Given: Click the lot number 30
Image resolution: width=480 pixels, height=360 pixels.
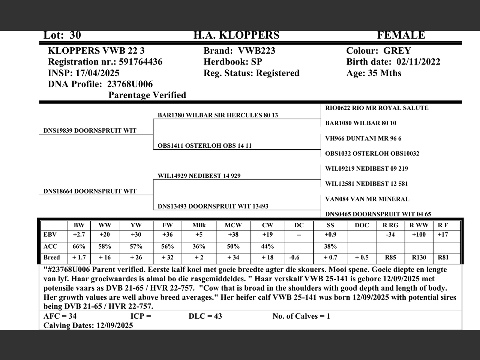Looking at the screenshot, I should coord(75,35).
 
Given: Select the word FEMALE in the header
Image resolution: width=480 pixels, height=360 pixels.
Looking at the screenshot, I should coord(401,35).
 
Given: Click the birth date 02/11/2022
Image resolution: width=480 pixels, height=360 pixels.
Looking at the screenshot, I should coord(418,62).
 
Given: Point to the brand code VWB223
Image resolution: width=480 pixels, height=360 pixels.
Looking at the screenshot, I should coord(256,51).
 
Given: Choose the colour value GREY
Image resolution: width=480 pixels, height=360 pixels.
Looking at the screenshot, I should coord(397,51).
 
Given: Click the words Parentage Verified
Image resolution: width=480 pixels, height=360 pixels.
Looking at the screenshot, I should coord(147,95).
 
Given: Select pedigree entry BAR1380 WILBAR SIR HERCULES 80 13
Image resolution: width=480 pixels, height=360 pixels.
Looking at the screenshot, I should coord(217,115).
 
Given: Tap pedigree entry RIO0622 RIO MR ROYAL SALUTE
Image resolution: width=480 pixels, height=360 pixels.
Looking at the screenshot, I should coord(376,108).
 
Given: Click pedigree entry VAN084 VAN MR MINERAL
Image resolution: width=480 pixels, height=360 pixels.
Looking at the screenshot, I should coord(367,199).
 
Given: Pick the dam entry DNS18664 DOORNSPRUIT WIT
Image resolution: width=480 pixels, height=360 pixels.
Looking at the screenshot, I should coord(90,191).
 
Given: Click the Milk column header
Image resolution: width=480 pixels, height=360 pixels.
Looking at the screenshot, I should coord(199,225).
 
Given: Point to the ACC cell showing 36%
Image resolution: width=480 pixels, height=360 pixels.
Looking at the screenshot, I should coord(199,246).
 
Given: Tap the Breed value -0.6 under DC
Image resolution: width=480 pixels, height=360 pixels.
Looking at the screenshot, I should coord(294,258).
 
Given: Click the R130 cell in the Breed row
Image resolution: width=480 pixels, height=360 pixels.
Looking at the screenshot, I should coord(419,258).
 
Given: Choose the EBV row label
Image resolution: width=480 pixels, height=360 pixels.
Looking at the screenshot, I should coord(50,235).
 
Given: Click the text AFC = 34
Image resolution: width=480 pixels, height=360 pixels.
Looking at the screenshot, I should coord(60,316).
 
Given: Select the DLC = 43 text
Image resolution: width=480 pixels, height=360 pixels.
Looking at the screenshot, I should coord(205,316).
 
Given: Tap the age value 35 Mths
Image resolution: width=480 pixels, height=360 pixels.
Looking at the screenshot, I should coord(384,73).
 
